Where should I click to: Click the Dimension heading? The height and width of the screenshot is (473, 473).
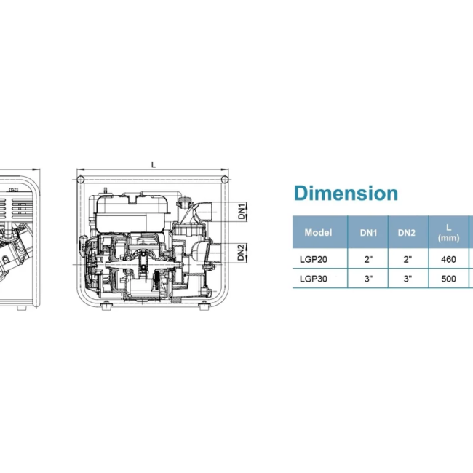pyautogui.click(x=346, y=194)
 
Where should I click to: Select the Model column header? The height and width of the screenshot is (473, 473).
pyautogui.click(x=318, y=233)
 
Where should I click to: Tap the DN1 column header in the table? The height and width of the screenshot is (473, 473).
pyautogui.click(x=368, y=233)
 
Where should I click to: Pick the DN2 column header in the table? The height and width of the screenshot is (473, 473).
pyautogui.click(x=407, y=233)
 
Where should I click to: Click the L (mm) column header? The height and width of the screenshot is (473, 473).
pyautogui.click(x=448, y=233)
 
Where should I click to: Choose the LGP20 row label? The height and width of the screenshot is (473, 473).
pyautogui.click(x=314, y=260)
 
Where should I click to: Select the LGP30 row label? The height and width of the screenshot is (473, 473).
pyautogui.click(x=314, y=279)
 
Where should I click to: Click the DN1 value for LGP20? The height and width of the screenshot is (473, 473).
pyautogui.click(x=368, y=259)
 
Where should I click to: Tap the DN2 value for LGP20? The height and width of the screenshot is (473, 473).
pyautogui.click(x=408, y=259)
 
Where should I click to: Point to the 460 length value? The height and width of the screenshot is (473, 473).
pyautogui.click(x=448, y=260)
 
